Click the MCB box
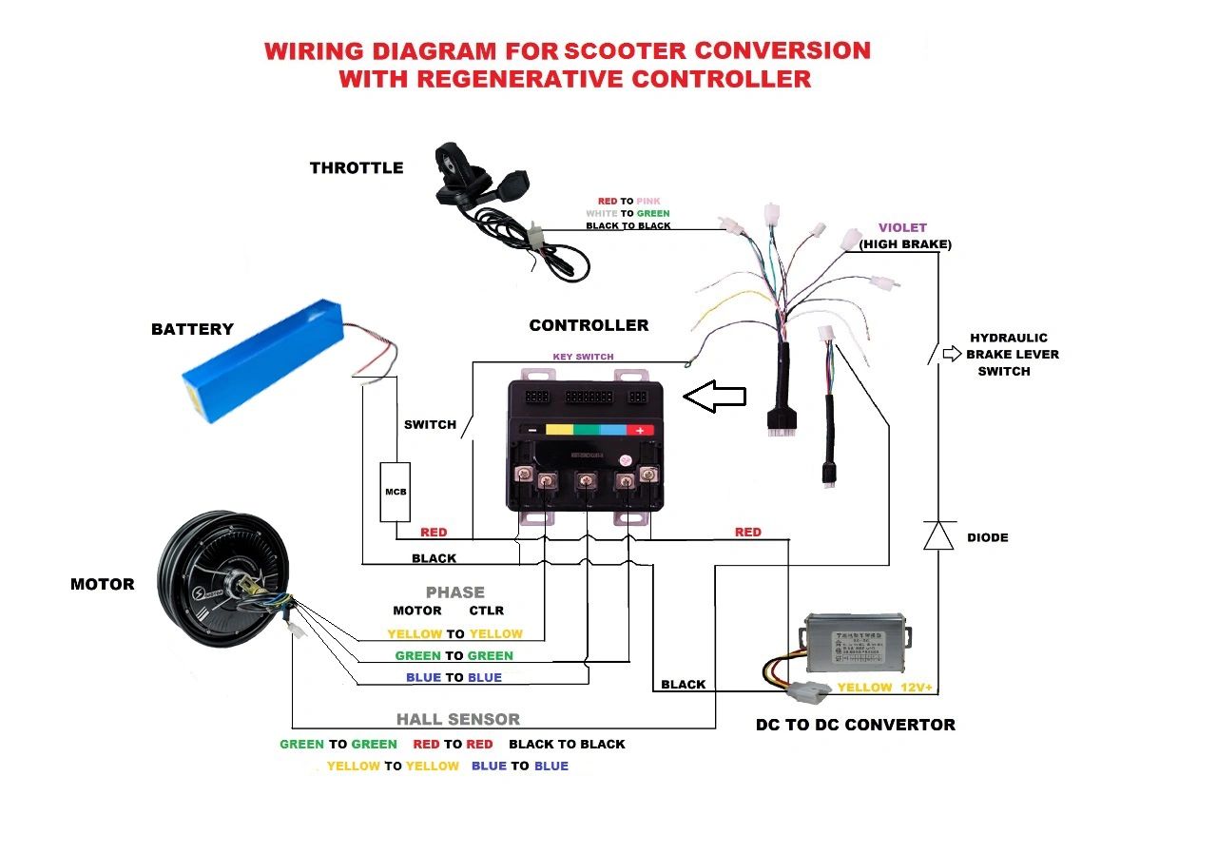tap(395, 492)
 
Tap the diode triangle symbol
tap(938, 535)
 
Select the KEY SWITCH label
tap(583, 357)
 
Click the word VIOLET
tap(902, 228)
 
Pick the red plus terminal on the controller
tap(641, 430)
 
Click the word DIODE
tap(987, 537)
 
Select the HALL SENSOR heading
tap(457, 720)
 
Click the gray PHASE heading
tap(454, 592)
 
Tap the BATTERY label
tap(192, 329)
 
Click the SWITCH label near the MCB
tap(430, 424)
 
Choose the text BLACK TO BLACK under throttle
tap(628, 225)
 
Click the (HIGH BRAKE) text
tap(904, 244)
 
